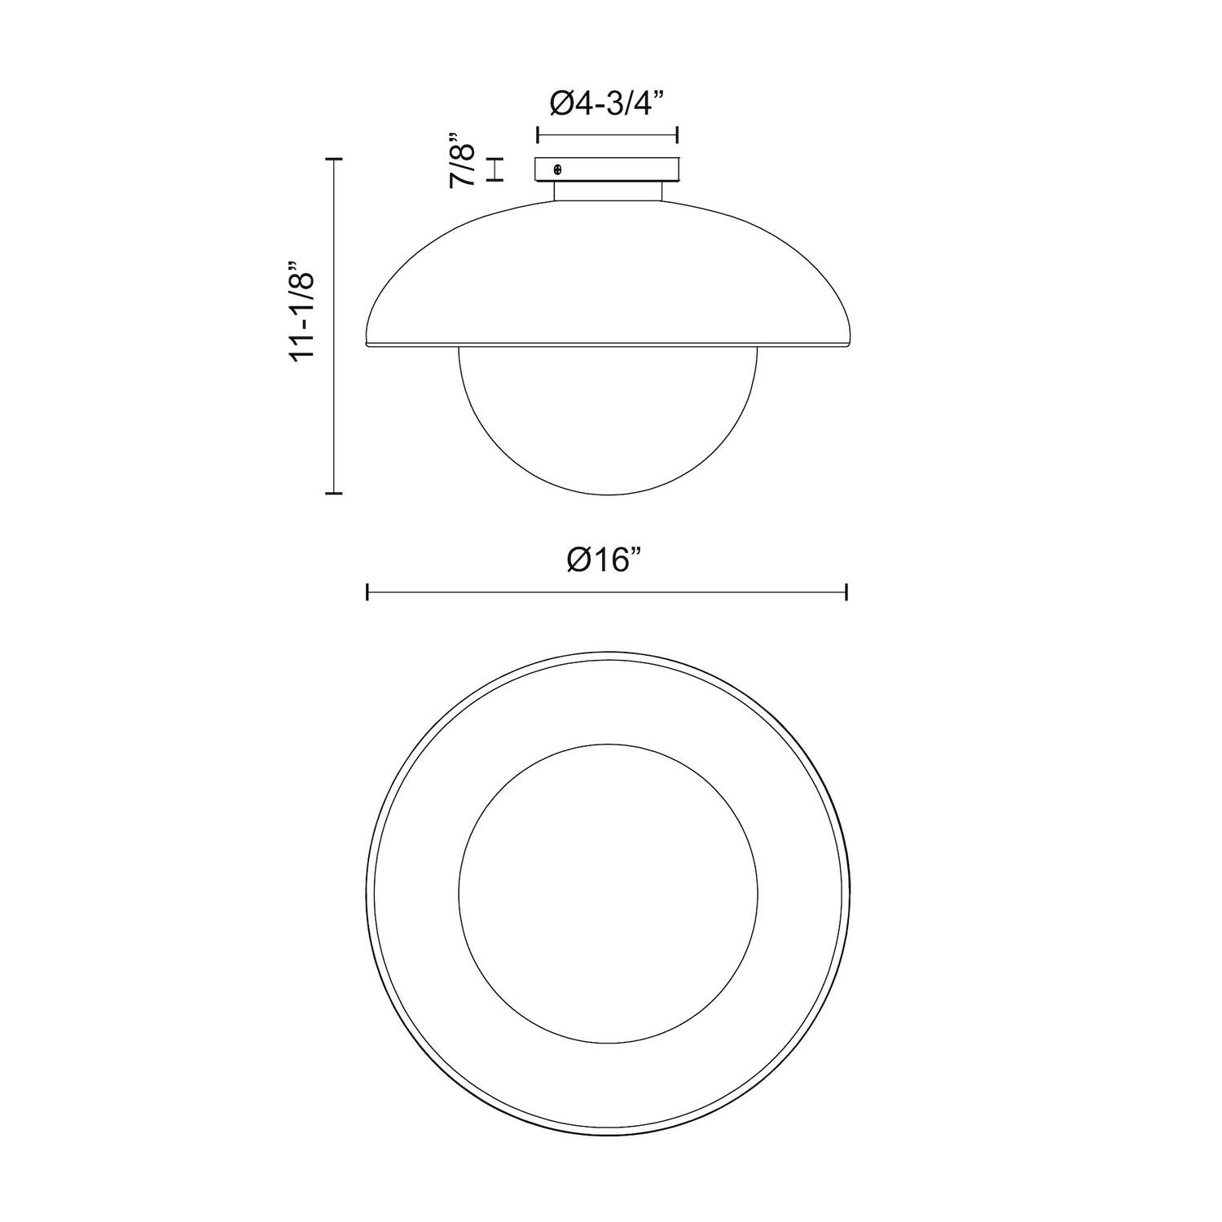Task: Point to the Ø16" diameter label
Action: pyautogui.click(x=607, y=560)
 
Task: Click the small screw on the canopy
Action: pyautogui.click(x=557, y=169)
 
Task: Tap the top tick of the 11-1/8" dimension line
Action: pyautogui.click(x=332, y=160)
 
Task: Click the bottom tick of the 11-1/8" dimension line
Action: pyautogui.click(x=332, y=493)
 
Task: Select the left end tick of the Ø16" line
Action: pyautogui.click(x=368, y=592)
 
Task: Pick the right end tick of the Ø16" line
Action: pyautogui.click(x=847, y=592)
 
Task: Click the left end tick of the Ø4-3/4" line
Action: pyautogui.click(x=537, y=134)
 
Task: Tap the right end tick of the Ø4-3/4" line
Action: pyautogui.click(x=678, y=134)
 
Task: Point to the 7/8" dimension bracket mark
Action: pyautogui.click(x=495, y=169)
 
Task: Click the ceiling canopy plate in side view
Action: pyautogui.click(x=607, y=169)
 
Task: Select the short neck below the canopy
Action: pyautogui.click(x=608, y=191)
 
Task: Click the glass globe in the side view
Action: pyautogui.click(x=608, y=420)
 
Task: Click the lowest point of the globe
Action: pyautogui.click(x=608, y=495)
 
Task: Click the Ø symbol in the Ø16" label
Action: pyautogui.click(x=580, y=560)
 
